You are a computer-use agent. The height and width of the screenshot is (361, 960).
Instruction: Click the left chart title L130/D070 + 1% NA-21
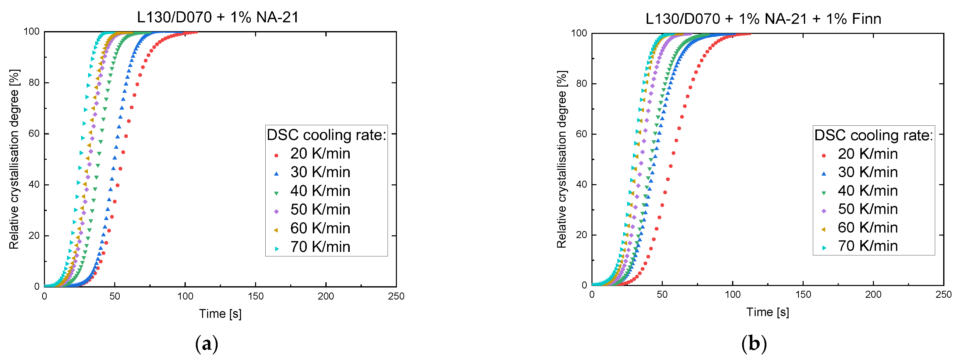(218, 17)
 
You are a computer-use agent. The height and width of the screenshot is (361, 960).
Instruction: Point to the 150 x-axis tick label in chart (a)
(255, 296)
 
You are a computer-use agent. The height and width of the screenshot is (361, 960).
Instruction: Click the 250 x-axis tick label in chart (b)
(943, 295)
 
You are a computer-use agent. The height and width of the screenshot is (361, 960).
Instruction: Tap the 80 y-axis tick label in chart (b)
(581, 84)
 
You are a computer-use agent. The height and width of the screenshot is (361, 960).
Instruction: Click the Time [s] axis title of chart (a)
(220, 314)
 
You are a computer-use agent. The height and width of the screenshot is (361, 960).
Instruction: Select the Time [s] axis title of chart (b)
(767, 312)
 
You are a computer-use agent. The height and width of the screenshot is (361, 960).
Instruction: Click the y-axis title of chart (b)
(562, 160)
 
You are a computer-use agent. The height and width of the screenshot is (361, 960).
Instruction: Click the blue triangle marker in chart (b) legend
(824, 174)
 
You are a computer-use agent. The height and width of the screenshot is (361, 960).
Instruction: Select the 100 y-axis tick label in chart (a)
(31, 32)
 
